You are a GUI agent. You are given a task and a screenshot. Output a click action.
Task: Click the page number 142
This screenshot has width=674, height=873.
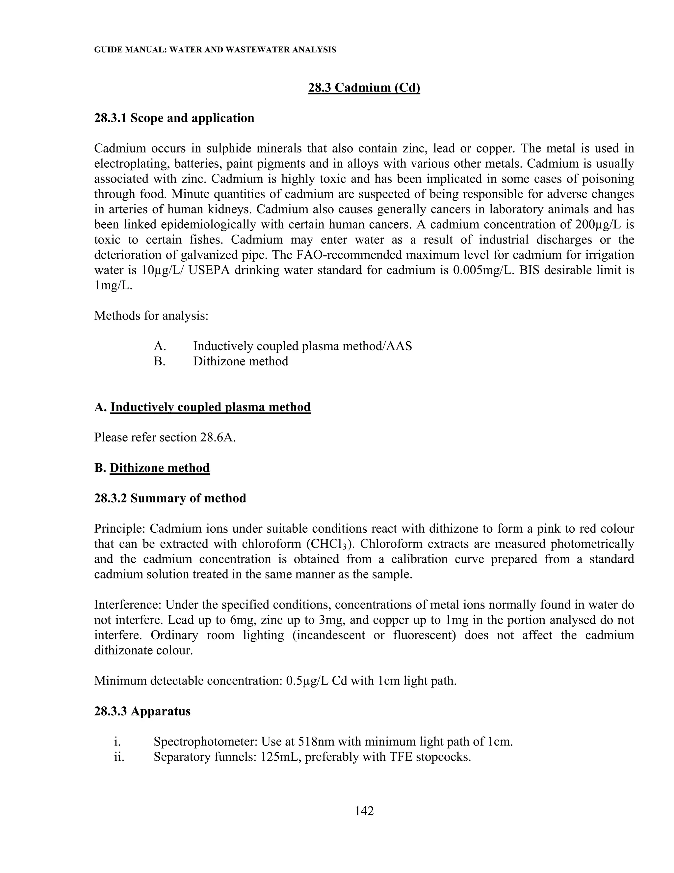tap(364, 811)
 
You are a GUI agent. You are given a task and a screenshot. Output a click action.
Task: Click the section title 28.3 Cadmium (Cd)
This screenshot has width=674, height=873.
tap(364, 88)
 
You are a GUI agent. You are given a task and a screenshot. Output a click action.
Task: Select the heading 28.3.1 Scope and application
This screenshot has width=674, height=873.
tap(174, 118)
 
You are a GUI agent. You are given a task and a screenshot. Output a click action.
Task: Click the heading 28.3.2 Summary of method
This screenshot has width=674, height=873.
tap(170, 498)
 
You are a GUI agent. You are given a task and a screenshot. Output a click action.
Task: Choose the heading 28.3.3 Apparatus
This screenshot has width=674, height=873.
tap(142, 712)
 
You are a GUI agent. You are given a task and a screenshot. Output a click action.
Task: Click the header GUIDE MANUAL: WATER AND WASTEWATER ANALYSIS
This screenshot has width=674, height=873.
tap(215, 50)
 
